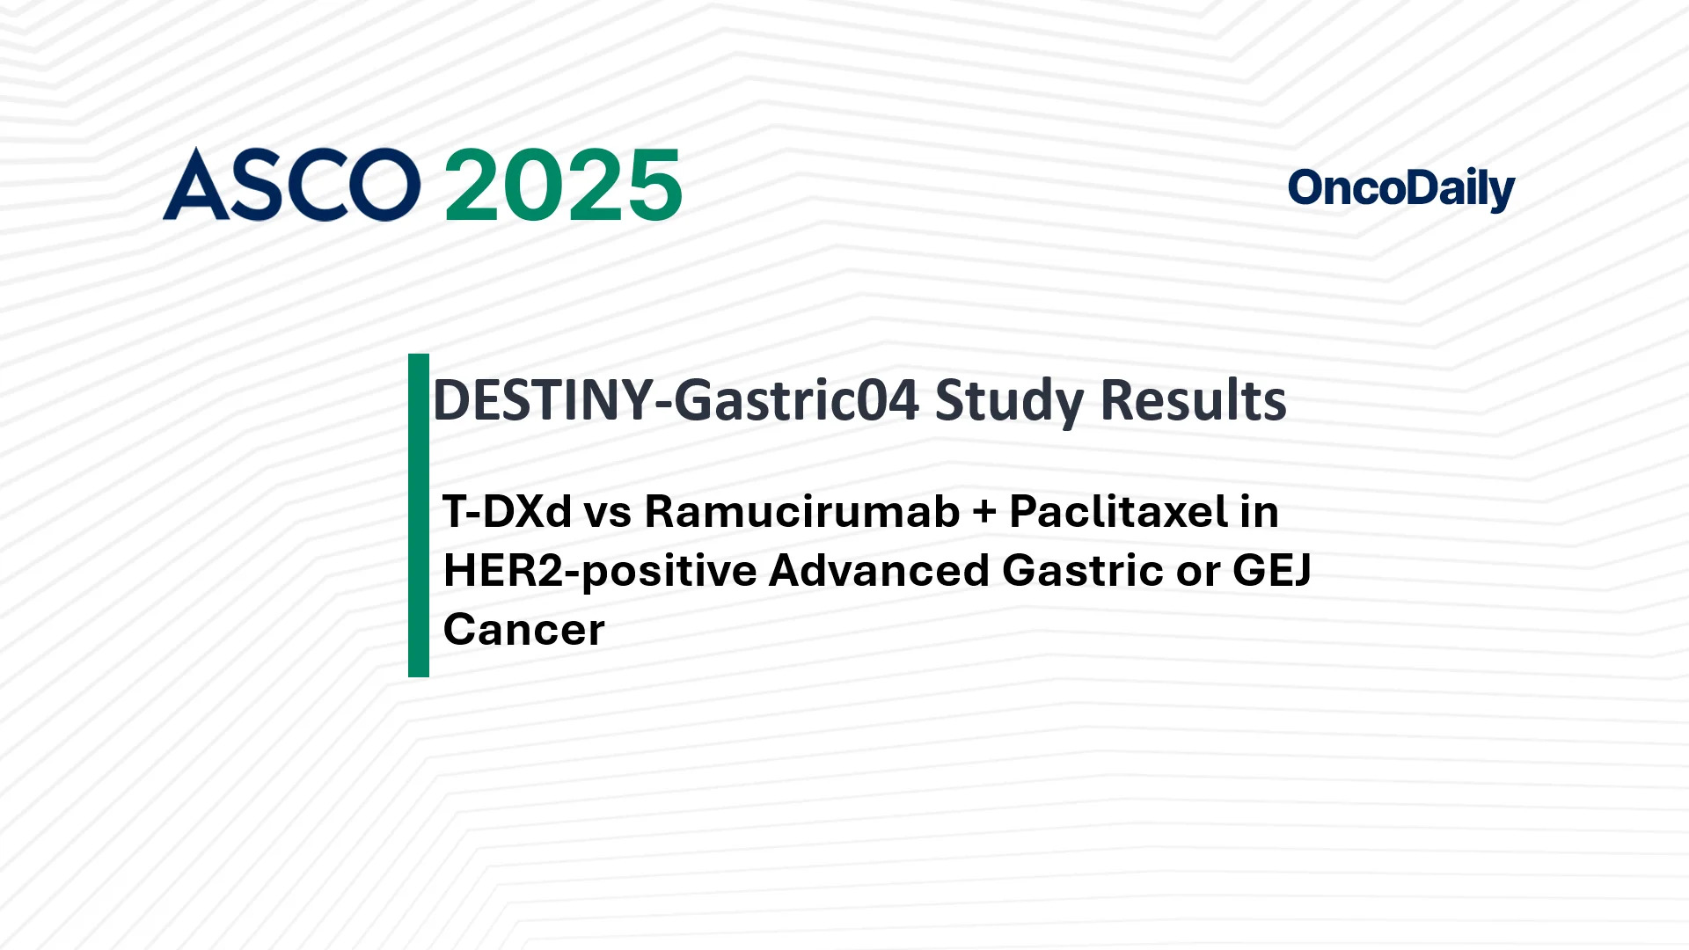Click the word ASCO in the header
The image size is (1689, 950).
point(291,185)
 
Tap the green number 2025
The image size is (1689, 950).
point(563,186)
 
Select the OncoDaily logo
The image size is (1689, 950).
point(1400,188)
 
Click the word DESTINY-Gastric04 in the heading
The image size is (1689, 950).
point(676,400)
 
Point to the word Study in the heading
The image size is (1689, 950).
point(1009,402)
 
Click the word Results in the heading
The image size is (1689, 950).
point(1194,400)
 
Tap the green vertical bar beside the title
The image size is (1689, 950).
point(419,515)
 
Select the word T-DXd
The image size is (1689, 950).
point(507,512)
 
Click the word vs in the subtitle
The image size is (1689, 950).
point(607,513)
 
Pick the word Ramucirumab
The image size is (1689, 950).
point(801,512)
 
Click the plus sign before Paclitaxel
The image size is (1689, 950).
point(984,513)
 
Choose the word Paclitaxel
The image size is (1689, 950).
point(1118,512)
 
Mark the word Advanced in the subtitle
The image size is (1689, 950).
point(879,571)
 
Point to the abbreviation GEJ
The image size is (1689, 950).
point(1272,571)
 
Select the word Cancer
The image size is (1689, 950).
point(523,630)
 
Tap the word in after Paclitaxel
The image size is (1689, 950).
point(1259,512)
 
